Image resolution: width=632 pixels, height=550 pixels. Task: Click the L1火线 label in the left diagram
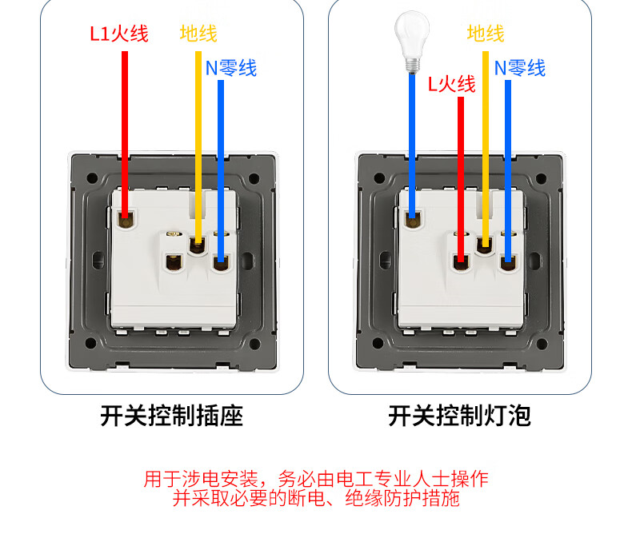[x=118, y=34]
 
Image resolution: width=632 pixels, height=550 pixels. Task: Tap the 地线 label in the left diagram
[x=198, y=34]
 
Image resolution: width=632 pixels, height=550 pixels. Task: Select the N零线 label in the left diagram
[x=231, y=68]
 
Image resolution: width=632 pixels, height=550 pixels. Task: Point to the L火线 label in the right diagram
[x=451, y=83]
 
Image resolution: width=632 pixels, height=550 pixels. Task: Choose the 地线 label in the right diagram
[x=486, y=34]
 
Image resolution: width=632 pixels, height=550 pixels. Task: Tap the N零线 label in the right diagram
[x=519, y=68]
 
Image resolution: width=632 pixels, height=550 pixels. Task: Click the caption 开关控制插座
[x=171, y=416]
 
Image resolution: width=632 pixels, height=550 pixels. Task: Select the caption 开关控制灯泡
[x=459, y=416]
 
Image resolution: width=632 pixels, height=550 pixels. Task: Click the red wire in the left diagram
[x=125, y=128]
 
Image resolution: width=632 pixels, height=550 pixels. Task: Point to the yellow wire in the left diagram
[x=198, y=144]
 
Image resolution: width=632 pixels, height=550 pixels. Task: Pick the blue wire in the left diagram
[x=221, y=160]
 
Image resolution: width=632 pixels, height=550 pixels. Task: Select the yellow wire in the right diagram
[x=486, y=144]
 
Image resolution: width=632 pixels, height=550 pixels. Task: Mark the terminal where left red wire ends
[x=126, y=217]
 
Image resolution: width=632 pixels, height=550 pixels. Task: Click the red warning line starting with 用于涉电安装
[x=315, y=480]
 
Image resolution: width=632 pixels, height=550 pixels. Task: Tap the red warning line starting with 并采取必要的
[x=315, y=500]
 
